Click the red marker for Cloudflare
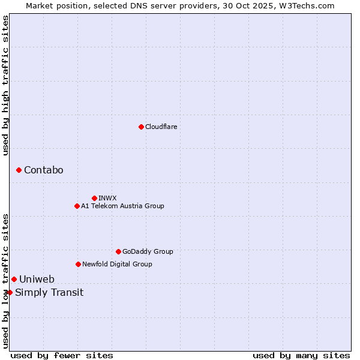(x=141, y=127)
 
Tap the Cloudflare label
(x=161, y=127)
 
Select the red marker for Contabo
(x=19, y=170)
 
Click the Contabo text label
(x=43, y=170)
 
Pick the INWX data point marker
(x=94, y=198)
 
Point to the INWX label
(x=107, y=198)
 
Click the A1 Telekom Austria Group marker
(x=77, y=206)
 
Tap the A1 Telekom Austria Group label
(x=122, y=206)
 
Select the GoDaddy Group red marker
(x=118, y=251)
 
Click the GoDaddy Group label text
(x=148, y=251)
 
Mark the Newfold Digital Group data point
(x=78, y=264)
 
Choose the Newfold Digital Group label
(x=117, y=264)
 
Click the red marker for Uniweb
(x=14, y=279)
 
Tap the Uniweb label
(x=37, y=279)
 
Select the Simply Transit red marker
(x=10, y=292)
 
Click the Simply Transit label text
(x=49, y=293)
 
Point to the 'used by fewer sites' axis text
(x=62, y=355)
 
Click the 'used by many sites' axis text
(x=301, y=355)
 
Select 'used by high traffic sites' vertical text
(x=5, y=85)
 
